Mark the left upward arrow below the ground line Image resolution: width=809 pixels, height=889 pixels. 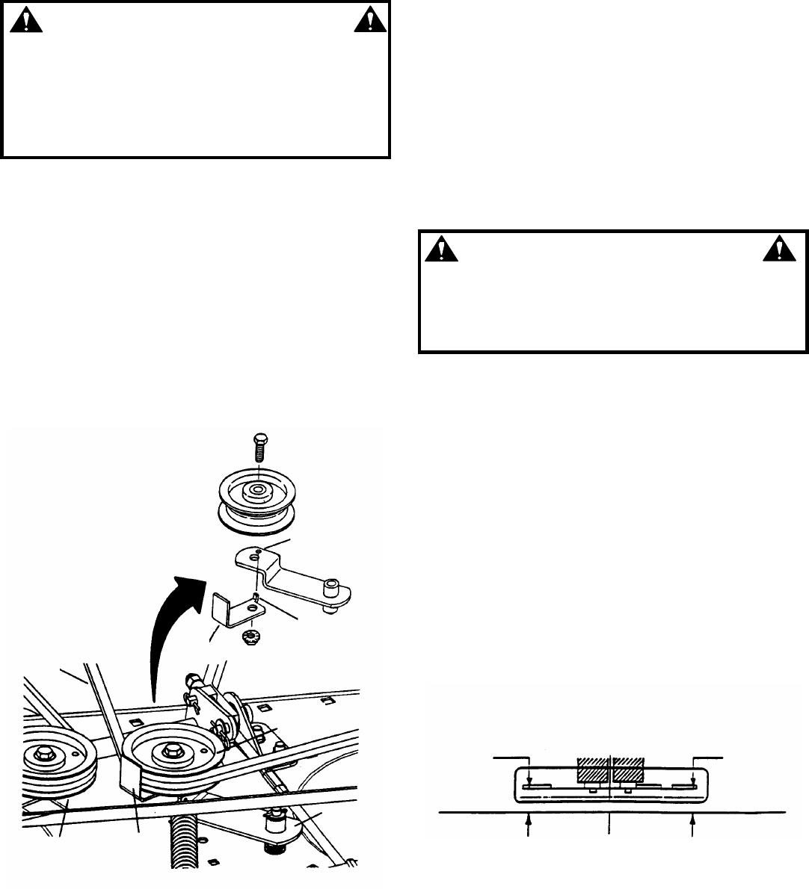[x=530, y=825]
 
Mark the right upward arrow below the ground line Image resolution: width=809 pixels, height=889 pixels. [x=692, y=825]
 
